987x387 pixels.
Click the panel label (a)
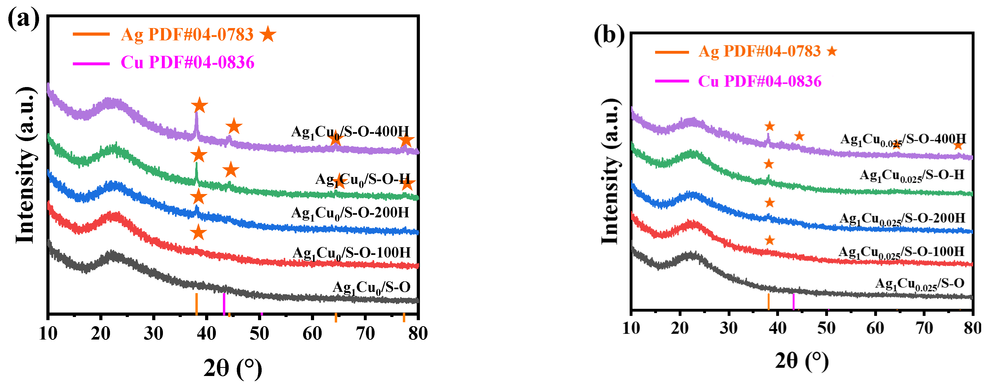(x=23, y=19)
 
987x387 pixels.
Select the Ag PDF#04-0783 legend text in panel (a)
(x=187, y=35)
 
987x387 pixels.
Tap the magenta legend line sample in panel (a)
(x=91, y=63)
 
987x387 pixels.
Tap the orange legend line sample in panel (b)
(x=672, y=52)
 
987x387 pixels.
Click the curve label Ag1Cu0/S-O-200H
(x=350, y=213)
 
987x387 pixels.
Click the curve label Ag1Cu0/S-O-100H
(x=351, y=253)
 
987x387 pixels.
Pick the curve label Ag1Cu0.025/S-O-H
(x=912, y=176)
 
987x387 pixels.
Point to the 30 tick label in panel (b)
(x=728, y=328)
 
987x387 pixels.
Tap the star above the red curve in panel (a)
(x=198, y=232)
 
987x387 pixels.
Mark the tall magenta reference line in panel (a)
(x=224, y=304)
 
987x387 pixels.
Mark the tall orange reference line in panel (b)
(x=769, y=302)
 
